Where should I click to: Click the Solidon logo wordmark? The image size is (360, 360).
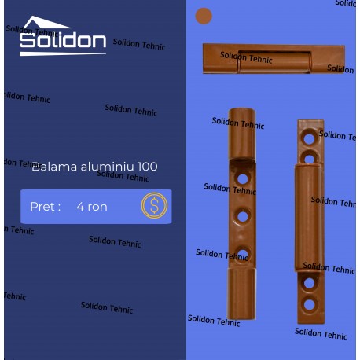click(x=62, y=42)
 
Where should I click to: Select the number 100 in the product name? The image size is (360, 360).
click(x=147, y=167)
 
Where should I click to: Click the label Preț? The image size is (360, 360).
click(x=45, y=207)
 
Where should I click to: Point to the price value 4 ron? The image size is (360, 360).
click(x=91, y=207)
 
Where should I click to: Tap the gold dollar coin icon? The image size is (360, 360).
click(x=154, y=206)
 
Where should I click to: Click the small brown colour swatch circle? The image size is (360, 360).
click(x=204, y=16)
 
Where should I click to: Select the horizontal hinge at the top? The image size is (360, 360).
click(x=274, y=59)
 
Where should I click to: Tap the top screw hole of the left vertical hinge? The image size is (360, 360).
click(x=243, y=178)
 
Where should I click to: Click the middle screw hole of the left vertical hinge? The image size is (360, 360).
click(x=243, y=216)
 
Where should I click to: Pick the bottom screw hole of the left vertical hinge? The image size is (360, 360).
click(x=243, y=253)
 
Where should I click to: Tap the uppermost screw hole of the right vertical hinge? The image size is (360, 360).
click(x=310, y=137)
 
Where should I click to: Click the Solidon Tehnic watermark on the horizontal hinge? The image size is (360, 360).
click(x=246, y=57)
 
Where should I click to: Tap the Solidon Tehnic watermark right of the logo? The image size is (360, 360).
click(x=139, y=44)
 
